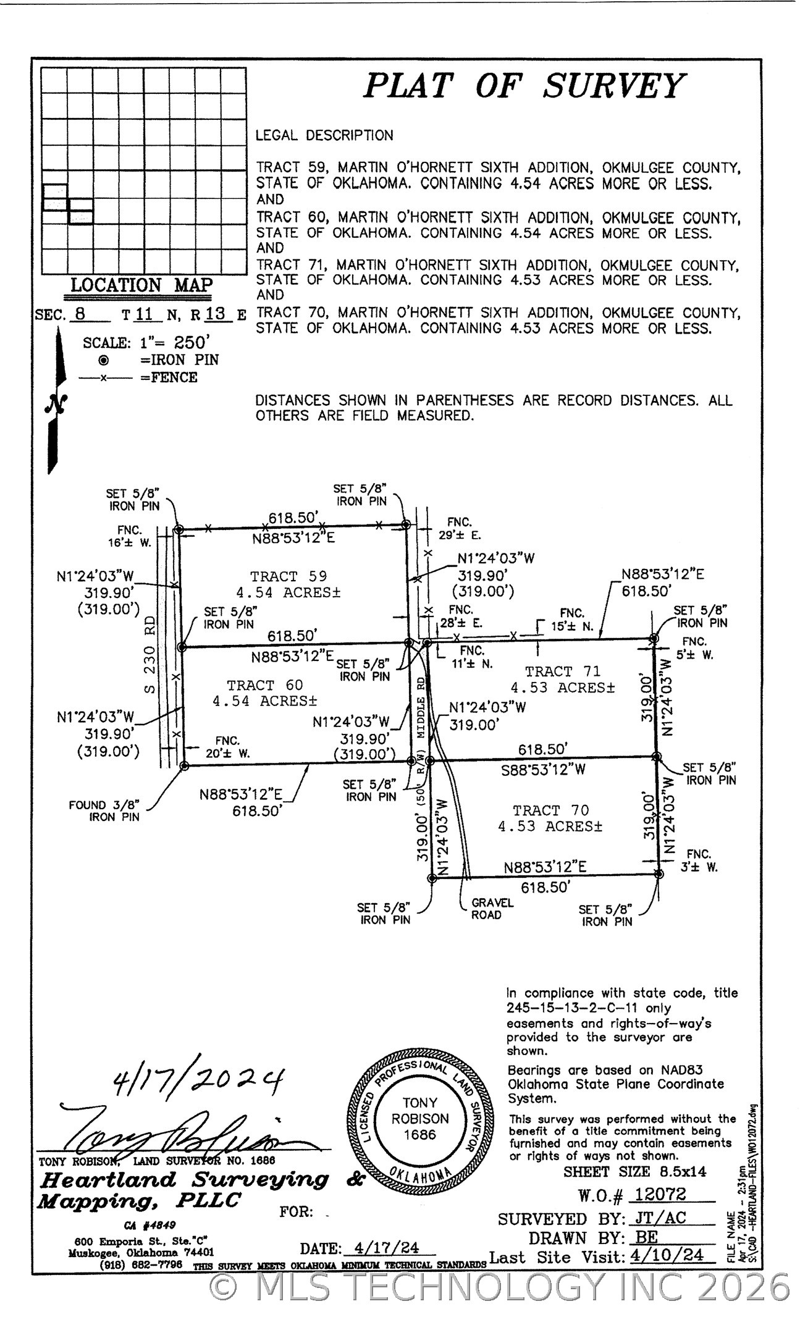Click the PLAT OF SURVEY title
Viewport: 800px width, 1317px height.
coord(524,86)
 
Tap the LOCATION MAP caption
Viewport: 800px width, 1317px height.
coord(141,285)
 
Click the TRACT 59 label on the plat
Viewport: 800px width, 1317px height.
coord(288,576)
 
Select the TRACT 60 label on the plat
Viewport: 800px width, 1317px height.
coord(265,685)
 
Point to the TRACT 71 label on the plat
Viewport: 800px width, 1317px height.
coord(562,671)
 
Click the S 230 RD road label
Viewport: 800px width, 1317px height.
coord(149,654)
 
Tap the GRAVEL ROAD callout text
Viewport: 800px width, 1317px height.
coord(492,908)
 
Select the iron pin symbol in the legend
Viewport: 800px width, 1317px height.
coord(104,360)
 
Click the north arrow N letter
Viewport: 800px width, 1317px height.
coord(56,404)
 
